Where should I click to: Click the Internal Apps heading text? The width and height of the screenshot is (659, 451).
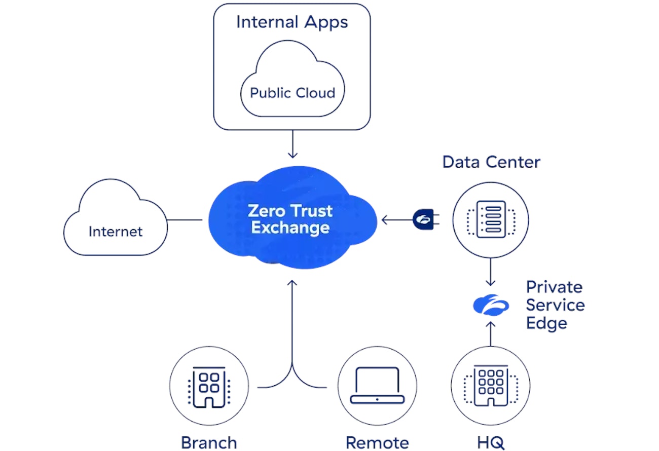tap(292, 22)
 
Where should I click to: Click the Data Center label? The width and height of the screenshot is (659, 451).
tap(491, 162)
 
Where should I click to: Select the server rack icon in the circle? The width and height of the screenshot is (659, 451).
tap(491, 219)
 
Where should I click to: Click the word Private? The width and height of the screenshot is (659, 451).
tap(554, 287)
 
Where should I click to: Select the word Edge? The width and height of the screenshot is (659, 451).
tap(546, 323)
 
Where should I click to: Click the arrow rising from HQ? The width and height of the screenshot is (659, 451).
tap(490, 332)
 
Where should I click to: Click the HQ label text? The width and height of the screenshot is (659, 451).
tap(490, 441)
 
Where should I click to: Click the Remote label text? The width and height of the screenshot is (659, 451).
tap(377, 441)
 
